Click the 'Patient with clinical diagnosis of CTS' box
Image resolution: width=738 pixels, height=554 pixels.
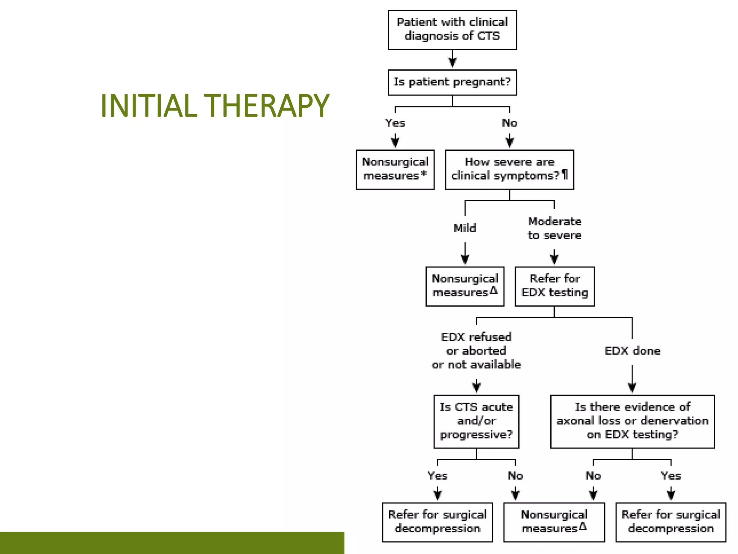(x=452, y=30)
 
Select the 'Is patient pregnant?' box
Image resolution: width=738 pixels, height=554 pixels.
(x=452, y=82)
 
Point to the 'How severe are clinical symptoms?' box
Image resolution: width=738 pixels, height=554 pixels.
(x=509, y=169)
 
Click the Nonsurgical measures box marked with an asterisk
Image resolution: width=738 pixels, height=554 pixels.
(x=395, y=169)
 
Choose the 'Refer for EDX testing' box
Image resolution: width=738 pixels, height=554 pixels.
(x=554, y=286)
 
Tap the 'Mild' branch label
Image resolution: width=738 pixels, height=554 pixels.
(x=464, y=228)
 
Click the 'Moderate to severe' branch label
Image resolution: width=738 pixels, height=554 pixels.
(x=554, y=228)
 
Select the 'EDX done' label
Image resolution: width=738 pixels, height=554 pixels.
(x=632, y=351)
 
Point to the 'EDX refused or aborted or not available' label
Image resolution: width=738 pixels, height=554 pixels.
(x=476, y=351)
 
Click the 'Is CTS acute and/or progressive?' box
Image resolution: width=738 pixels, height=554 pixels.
(x=476, y=421)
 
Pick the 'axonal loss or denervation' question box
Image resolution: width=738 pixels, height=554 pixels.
(x=632, y=421)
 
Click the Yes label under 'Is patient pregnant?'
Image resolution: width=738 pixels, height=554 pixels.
(x=395, y=123)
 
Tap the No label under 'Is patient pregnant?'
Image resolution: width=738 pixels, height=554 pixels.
(x=509, y=123)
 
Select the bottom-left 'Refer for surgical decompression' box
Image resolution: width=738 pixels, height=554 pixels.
(x=437, y=522)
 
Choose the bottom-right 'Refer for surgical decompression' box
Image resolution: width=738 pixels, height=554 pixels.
(x=670, y=522)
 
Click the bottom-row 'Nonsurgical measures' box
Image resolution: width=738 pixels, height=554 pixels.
(x=554, y=522)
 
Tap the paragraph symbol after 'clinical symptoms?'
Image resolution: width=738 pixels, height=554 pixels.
(x=565, y=175)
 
